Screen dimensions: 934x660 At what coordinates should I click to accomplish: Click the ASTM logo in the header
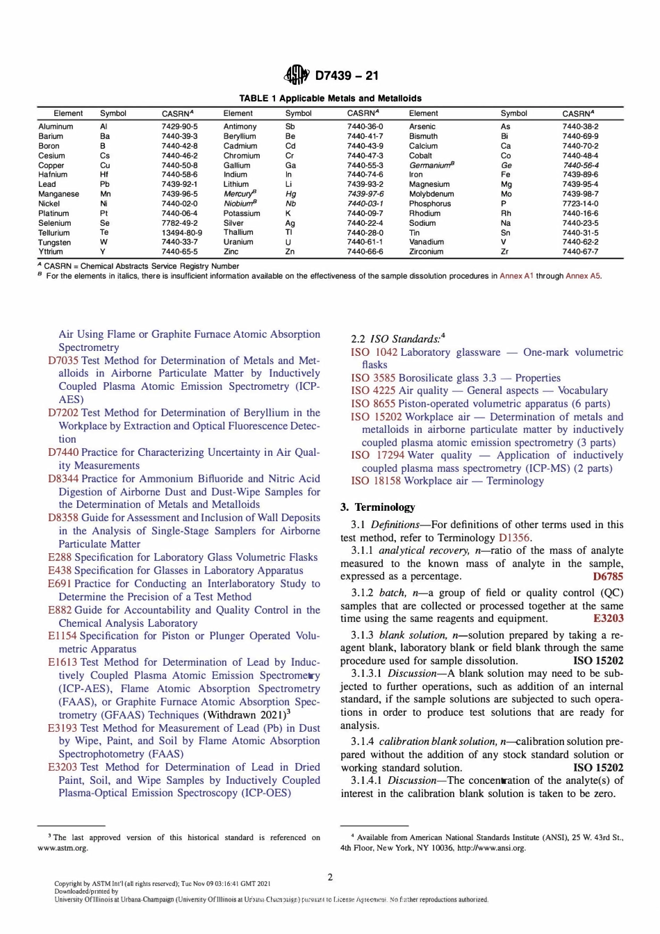(296, 74)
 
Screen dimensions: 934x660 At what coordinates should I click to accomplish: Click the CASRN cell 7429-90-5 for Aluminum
(179, 126)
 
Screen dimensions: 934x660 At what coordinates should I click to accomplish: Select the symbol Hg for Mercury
(290, 194)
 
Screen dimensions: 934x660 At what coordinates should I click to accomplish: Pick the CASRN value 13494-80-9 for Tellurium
(182, 233)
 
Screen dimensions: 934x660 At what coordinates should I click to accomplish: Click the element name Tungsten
(54, 243)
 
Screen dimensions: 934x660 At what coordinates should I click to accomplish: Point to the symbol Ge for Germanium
(506, 165)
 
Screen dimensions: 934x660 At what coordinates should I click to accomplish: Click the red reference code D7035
(63, 361)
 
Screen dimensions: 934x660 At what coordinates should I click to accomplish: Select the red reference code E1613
(63, 662)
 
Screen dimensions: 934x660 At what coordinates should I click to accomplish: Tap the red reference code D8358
(63, 518)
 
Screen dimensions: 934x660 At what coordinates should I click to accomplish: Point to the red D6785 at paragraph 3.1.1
(608, 576)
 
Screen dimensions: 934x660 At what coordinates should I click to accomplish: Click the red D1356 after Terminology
(514, 538)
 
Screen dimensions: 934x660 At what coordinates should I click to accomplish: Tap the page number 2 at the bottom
(330, 877)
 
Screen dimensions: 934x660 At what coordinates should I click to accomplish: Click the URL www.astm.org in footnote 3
(63, 848)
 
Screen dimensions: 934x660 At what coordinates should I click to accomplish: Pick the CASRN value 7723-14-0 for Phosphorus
(579, 204)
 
